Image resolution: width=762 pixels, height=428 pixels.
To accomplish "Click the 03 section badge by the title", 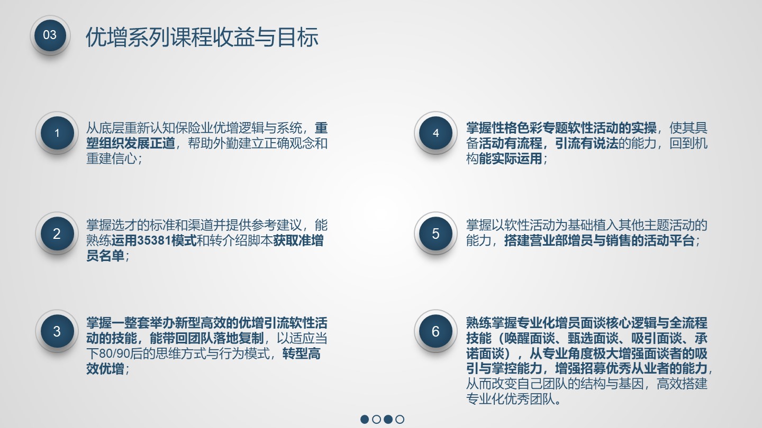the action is tap(50, 35).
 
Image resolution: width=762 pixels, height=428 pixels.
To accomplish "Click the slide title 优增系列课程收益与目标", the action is tap(202, 37).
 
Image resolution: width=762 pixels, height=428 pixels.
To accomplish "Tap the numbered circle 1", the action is tap(57, 133).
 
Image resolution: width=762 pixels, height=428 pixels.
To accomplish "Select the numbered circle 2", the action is tap(57, 234).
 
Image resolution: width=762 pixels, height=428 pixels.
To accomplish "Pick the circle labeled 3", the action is tap(57, 331).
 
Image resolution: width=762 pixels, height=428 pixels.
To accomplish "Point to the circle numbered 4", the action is tap(436, 133).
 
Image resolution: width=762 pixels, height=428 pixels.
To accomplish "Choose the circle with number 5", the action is tap(436, 234).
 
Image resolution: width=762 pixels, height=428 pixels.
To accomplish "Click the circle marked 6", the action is tap(436, 331).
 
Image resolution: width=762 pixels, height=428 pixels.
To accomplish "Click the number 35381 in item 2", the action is tap(154, 241).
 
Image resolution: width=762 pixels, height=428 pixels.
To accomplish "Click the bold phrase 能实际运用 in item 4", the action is tap(511, 159).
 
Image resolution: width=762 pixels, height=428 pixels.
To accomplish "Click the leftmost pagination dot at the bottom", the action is tap(365, 419).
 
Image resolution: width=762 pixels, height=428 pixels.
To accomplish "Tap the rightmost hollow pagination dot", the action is tap(400, 419).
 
